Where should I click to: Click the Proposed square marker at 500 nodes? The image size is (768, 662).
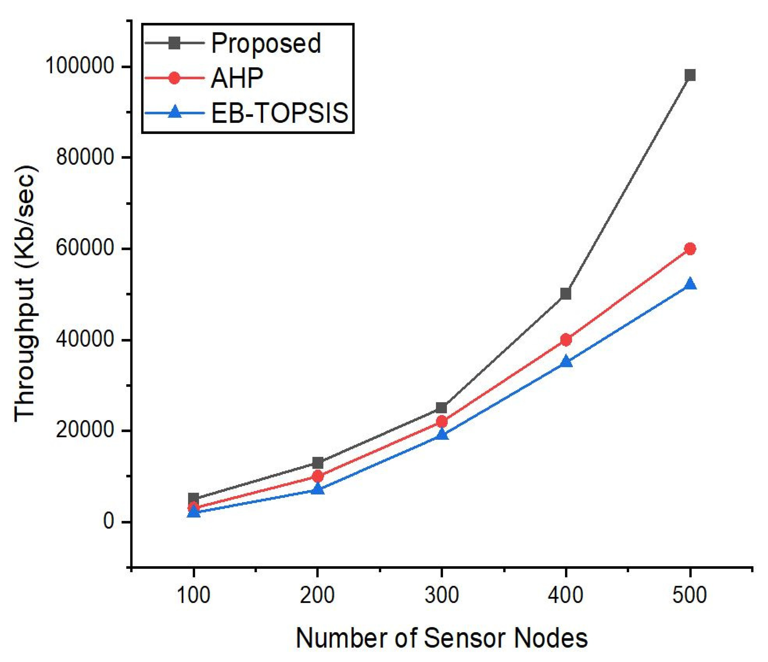690,75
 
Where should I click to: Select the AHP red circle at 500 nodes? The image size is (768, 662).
690,249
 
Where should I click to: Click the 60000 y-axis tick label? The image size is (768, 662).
84,248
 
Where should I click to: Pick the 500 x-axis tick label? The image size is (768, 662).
690,595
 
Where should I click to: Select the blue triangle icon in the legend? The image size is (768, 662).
175,112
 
